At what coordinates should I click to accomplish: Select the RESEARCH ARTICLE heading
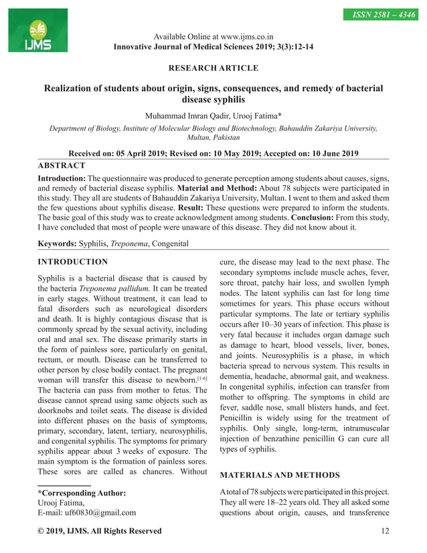tap(213, 68)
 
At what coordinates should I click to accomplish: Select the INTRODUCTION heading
tap(72, 261)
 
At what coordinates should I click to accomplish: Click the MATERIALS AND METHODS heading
tap(280, 475)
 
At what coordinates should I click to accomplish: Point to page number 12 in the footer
tap(384, 531)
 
